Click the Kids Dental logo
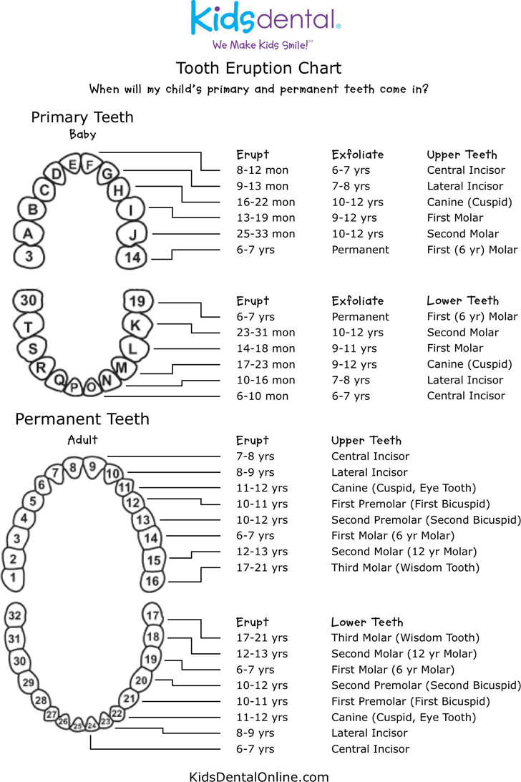[265, 21]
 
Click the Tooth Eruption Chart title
[258, 68]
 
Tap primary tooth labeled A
[28, 233]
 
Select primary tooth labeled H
[118, 190]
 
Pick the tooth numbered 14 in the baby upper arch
[132, 257]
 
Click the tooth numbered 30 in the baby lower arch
[29, 300]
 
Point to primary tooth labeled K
[135, 324]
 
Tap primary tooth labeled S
[32, 348]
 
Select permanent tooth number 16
[152, 580]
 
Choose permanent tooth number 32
[15, 615]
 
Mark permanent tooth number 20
[142, 680]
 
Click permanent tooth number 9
[92, 467]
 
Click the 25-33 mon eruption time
[266, 234]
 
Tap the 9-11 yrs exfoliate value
[354, 348]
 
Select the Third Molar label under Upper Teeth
[405, 567]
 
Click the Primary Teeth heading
[82, 117]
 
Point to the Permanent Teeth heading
[82, 419]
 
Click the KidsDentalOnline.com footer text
[259, 776]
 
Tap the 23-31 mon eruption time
[266, 333]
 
